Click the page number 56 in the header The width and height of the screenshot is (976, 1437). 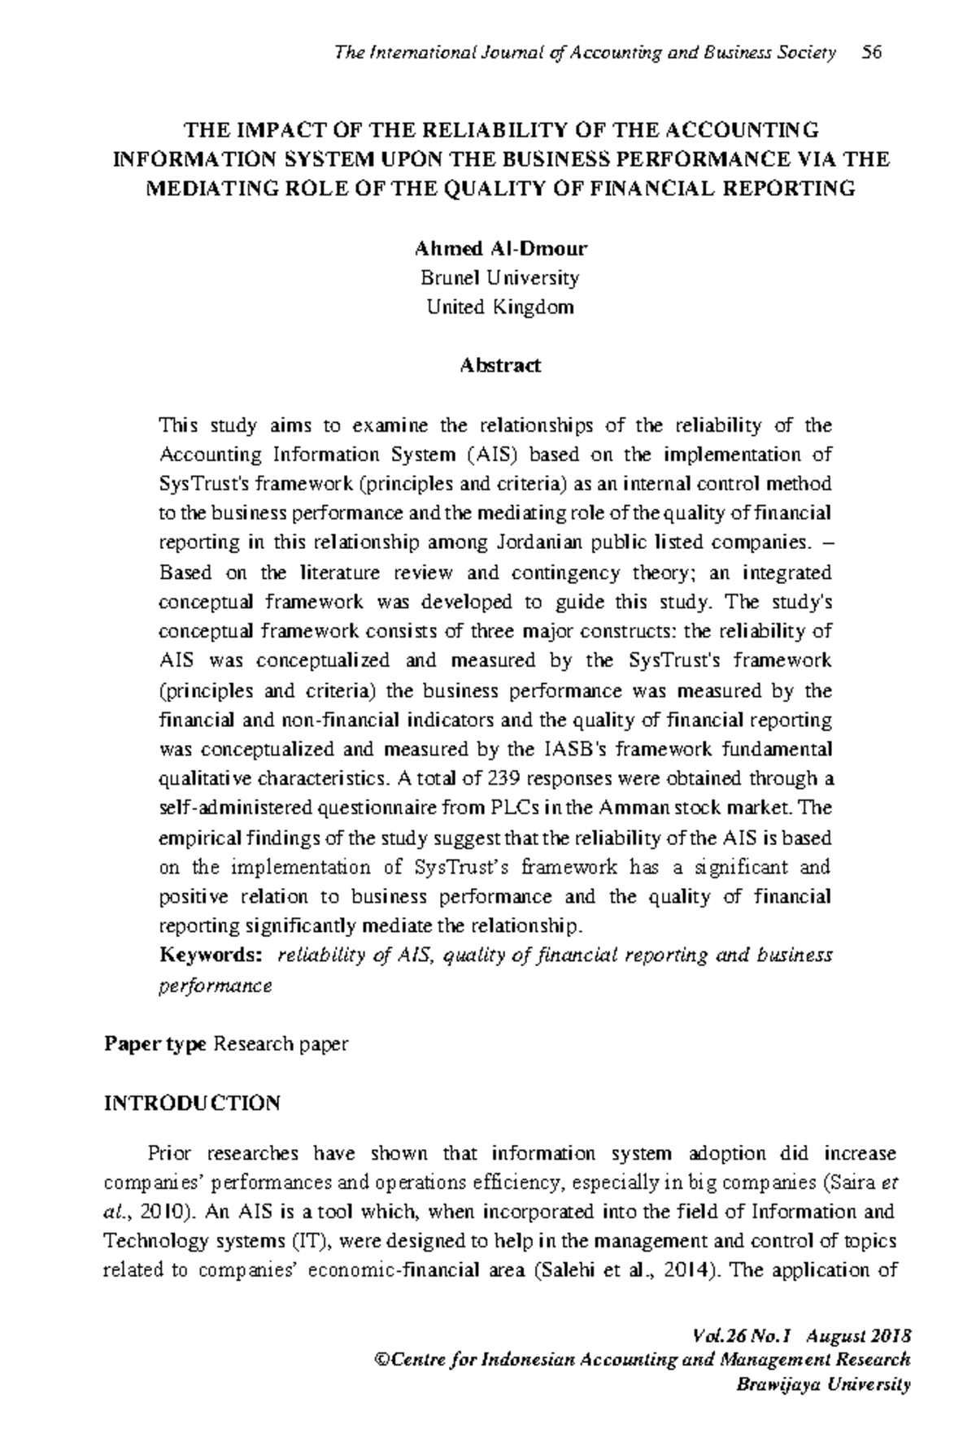(871, 54)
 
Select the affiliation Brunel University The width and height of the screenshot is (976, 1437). (499, 278)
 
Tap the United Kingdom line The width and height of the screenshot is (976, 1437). (499, 307)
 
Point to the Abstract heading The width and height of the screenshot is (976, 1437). (499, 366)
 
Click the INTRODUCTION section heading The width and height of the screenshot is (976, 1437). (192, 1103)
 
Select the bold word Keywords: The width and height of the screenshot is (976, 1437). (211, 955)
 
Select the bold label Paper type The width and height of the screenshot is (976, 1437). (155, 1044)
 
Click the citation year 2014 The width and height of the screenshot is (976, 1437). (684, 1271)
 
